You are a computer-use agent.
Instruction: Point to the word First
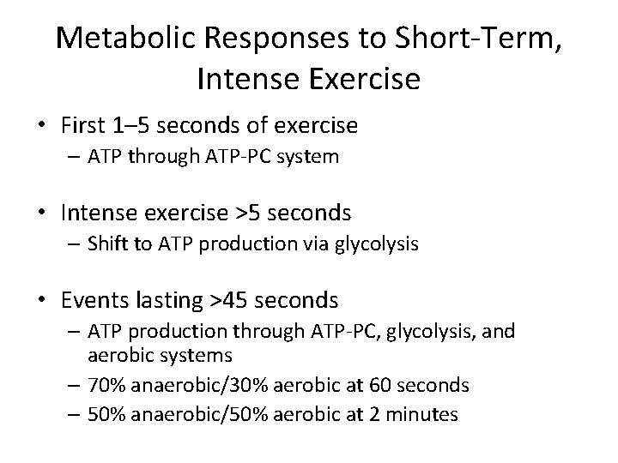tap(84, 125)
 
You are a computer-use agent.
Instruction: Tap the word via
tap(323, 244)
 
